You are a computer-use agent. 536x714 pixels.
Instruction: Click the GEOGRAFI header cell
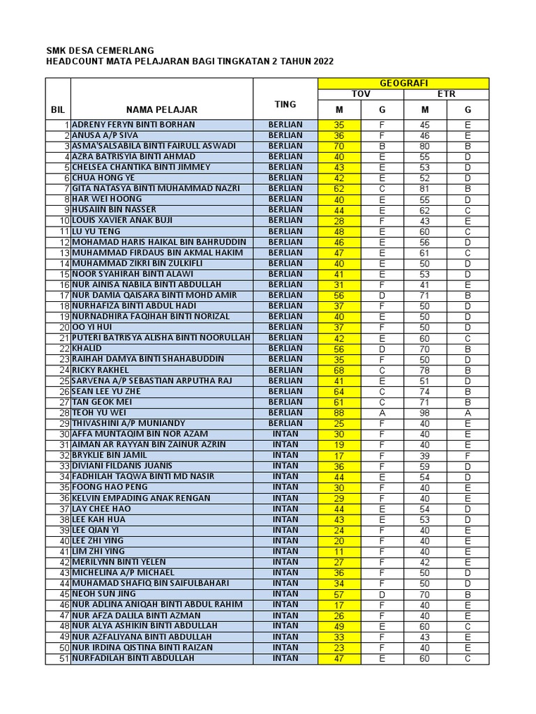pos(403,83)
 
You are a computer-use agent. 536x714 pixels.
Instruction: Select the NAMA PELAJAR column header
pos(162,109)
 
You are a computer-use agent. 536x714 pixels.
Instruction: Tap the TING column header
pos(285,104)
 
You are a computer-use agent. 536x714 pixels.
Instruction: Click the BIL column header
pos(57,109)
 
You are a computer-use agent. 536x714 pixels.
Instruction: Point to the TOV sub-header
pos(360,94)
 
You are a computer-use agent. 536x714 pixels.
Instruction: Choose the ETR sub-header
pos(446,94)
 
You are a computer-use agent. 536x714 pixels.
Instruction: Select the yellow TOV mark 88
pos(339,413)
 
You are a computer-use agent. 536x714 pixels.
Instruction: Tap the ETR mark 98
pos(425,413)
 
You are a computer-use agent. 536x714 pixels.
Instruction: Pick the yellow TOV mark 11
pos(339,552)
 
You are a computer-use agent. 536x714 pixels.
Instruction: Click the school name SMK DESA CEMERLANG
pos(100,51)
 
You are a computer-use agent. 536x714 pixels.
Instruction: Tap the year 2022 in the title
pos(323,62)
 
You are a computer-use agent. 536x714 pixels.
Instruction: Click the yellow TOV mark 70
pos(339,146)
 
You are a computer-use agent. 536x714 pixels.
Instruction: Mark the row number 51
pos(64,658)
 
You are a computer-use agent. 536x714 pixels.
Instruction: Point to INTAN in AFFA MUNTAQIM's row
pos(285,434)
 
